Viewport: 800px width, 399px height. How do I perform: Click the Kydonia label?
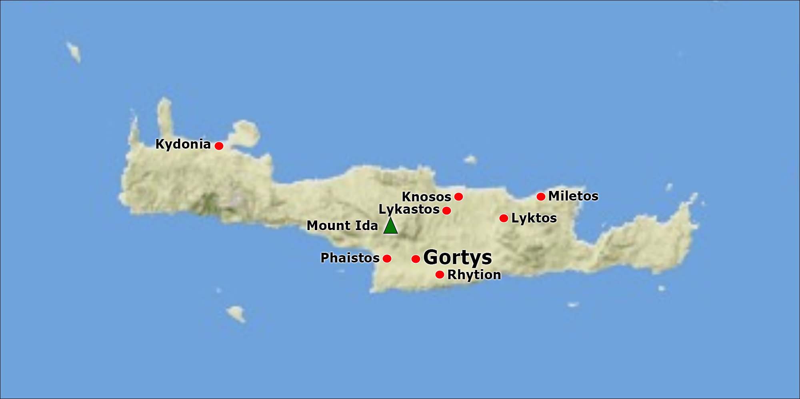pyautogui.click(x=183, y=144)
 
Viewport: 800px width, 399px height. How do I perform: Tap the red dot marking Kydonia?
pyautogui.click(x=219, y=146)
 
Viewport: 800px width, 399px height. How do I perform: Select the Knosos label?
pyautogui.click(x=426, y=197)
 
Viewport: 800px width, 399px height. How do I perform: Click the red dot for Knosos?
pyautogui.click(x=459, y=197)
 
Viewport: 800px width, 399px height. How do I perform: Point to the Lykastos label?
pyautogui.click(x=409, y=210)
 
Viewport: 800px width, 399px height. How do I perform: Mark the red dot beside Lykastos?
pyautogui.click(x=447, y=210)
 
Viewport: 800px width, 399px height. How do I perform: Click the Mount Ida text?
pyautogui.click(x=342, y=226)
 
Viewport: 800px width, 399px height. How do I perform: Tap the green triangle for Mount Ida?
pyautogui.click(x=390, y=226)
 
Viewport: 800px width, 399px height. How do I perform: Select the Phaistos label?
pyautogui.click(x=350, y=258)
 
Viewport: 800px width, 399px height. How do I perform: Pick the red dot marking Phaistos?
pyautogui.click(x=387, y=258)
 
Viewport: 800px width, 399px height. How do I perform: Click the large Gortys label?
pyautogui.click(x=458, y=258)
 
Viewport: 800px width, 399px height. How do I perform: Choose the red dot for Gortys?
pyautogui.click(x=416, y=259)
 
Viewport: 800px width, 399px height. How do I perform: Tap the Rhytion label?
pyautogui.click(x=474, y=275)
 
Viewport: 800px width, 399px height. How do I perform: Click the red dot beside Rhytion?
pyautogui.click(x=440, y=275)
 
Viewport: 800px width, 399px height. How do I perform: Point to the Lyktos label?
pyautogui.click(x=534, y=218)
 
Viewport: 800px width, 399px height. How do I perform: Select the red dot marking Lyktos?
pyautogui.click(x=504, y=218)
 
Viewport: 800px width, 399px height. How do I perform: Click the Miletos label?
pyautogui.click(x=573, y=196)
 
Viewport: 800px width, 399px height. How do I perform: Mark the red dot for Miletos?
pyautogui.click(x=541, y=197)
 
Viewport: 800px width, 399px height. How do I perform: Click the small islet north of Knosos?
pyautogui.click(x=470, y=160)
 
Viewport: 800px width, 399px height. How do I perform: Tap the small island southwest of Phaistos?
pyautogui.click(x=236, y=313)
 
